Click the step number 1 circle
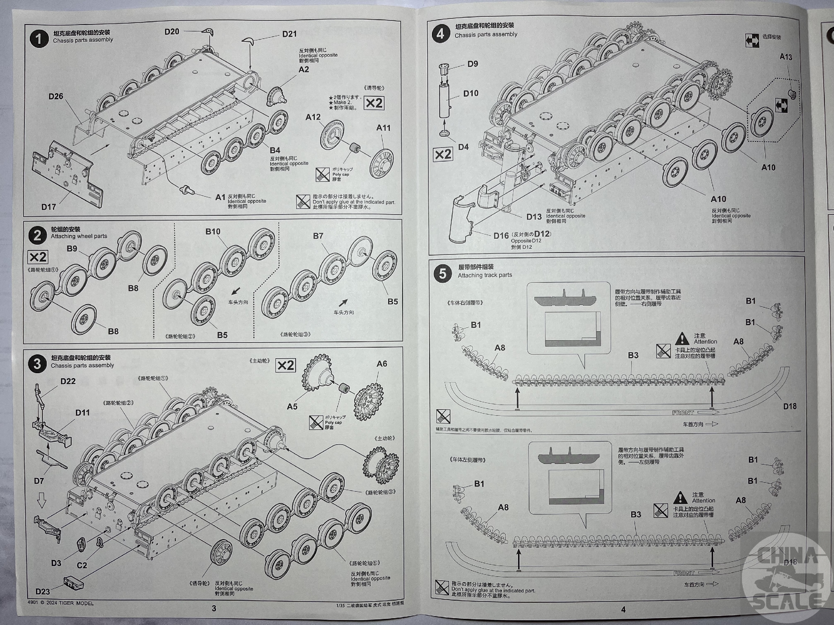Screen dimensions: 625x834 click(x=39, y=39)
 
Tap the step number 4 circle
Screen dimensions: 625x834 click(x=440, y=34)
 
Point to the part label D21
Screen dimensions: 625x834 click(x=290, y=34)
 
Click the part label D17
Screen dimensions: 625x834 click(x=49, y=207)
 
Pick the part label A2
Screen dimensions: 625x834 click(x=304, y=70)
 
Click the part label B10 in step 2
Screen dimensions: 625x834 click(x=213, y=232)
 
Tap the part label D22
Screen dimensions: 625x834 click(x=68, y=381)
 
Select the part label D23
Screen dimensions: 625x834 click(x=43, y=591)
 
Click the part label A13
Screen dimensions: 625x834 click(x=786, y=57)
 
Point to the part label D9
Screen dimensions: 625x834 click(x=473, y=64)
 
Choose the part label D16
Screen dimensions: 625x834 click(x=501, y=236)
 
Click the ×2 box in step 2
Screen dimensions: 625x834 click(x=38, y=257)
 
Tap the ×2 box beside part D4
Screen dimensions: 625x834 click(x=443, y=154)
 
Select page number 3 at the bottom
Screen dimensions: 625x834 click(x=214, y=608)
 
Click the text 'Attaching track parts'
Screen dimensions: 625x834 click(x=485, y=275)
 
